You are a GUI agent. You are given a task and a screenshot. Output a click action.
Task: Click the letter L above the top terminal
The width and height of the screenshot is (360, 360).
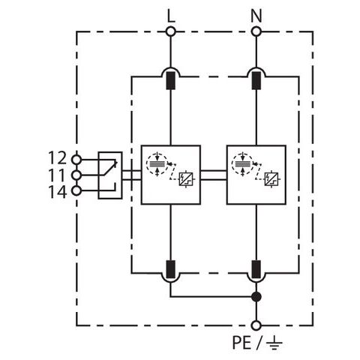pyautogui.click(x=171, y=16)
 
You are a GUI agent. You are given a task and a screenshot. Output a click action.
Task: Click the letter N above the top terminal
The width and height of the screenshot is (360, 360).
pyautogui.click(x=256, y=16)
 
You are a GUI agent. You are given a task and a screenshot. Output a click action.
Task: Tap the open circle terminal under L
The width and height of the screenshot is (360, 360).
pyautogui.click(x=171, y=31)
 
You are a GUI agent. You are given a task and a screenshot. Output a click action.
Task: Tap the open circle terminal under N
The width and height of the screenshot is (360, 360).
pyautogui.click(x=256, y=31)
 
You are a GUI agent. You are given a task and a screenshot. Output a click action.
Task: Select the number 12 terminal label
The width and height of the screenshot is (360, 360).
pyautogui.click(x=58, y=157)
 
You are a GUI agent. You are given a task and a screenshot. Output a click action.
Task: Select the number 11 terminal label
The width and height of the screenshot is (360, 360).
pyautogui.click(x=58, y=175)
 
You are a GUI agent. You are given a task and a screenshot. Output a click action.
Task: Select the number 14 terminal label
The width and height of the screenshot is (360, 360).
pyautogui.click(x=58, y=192)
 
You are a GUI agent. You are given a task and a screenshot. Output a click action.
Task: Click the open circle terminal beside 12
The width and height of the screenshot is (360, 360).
pyautogui.click(x=76, y=159)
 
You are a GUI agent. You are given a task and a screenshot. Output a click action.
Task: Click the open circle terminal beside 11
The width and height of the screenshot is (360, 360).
pyautogui.click(x=76, y=175)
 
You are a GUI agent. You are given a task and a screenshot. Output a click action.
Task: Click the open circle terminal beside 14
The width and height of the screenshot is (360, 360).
pyautogui.click(x=76, y=191)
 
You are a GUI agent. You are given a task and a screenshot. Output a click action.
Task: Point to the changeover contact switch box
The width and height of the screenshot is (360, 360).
pyautogui.click(x=110, y=175)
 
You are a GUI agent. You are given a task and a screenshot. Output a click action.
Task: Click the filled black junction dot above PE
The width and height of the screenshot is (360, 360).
pyautogui.click(x=256, y=297)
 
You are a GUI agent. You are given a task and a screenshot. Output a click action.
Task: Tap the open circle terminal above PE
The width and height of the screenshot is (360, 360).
pyautogui.click(x=256, y=325)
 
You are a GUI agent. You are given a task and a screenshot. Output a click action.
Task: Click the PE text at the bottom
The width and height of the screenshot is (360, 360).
pyautogui.click(x=241, y=343)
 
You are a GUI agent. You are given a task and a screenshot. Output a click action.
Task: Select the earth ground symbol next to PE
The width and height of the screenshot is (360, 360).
pyautogui.click(x=274, y=343)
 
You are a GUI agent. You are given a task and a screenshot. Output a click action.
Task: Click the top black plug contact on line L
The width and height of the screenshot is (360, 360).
pyautogui.click(x=171, y=81)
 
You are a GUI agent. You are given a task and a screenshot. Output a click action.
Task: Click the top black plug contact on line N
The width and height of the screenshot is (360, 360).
pyautogui.click(x=256, y=81)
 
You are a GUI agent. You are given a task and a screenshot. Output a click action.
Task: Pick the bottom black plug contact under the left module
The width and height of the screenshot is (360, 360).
pyautogui.click(x=171, y=269)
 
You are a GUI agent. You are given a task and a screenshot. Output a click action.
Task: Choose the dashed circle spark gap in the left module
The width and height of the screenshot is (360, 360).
pyautogui.click(x=157, y=163)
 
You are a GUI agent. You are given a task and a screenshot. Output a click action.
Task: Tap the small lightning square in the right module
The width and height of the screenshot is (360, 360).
pyautogui.click(x=271, y=179)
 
